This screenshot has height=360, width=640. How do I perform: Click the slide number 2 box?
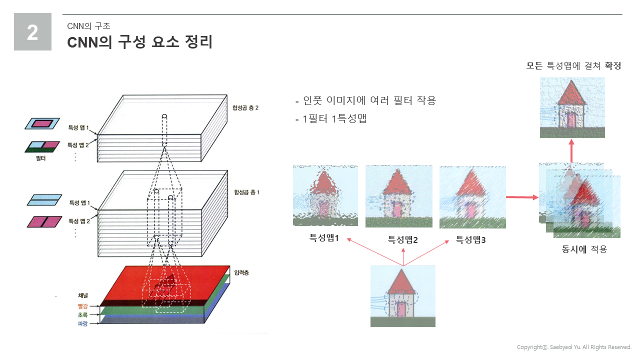pos(32,31)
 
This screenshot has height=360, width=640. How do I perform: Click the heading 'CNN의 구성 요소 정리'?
pos(139,42)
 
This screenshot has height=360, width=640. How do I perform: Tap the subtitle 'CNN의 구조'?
pos(88,26)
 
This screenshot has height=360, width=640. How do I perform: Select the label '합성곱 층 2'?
pos(245,107)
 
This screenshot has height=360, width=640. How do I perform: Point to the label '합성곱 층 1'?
pos(246,192)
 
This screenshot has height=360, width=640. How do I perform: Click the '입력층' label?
pos(241,272)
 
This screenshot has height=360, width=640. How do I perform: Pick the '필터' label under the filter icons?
pos(40,158)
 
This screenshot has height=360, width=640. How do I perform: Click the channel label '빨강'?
pos(82,306)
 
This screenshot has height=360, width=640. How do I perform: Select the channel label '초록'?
pos(82,315)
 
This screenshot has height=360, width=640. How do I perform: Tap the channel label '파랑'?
pos(82,323)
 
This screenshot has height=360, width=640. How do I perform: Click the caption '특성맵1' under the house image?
pos(324,237)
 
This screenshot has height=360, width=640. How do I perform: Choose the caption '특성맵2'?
pos(402,239)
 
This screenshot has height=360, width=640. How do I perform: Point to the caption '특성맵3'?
pos(470,239)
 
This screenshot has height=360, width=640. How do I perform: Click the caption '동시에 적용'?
pos(584,249)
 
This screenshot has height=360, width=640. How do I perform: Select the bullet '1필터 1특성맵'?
pos(334,118)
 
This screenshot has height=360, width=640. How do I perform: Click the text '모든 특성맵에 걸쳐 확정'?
pos(573,65)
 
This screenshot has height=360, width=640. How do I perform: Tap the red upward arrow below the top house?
pos(571,150)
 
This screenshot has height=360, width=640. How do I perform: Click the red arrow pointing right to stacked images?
pos(522,197)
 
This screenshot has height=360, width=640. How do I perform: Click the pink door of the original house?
pos(401,309)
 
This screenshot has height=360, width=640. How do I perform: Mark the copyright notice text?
pos(574,347)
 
